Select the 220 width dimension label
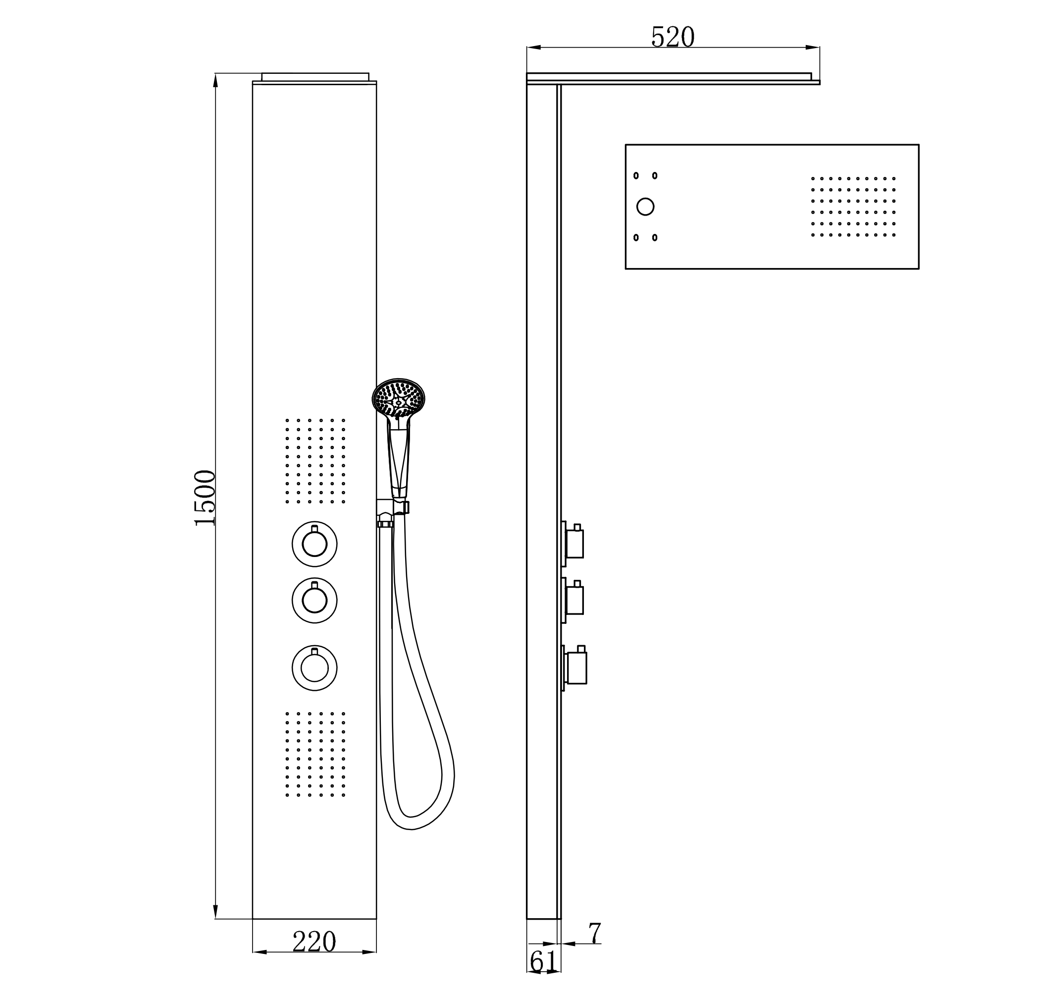(x=314, y=942)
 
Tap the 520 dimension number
(x=673, y=37)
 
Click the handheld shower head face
(x=399, y=397)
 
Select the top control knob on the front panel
(x=314, y=544)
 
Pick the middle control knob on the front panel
(x=314, y=600)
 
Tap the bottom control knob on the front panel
(x=314, y=667)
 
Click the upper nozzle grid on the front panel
(x=315, y=460)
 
